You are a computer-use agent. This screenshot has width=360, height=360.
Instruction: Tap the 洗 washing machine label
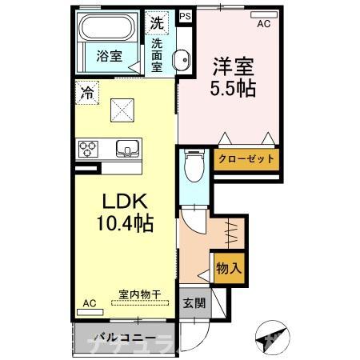(158, 23)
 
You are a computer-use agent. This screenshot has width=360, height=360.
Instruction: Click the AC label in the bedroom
(263, 25)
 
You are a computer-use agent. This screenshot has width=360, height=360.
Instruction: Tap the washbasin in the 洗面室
(182, 58)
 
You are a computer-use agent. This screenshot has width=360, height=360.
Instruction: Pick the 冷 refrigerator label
(86, 93)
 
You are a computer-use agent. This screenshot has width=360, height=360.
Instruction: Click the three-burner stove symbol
(87, 148)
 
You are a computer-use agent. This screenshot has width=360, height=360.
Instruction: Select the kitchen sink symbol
(127, 149)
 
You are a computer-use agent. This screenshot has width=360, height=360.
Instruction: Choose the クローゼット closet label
(247, 159)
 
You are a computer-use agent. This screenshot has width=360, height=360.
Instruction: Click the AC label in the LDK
(90, 304)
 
